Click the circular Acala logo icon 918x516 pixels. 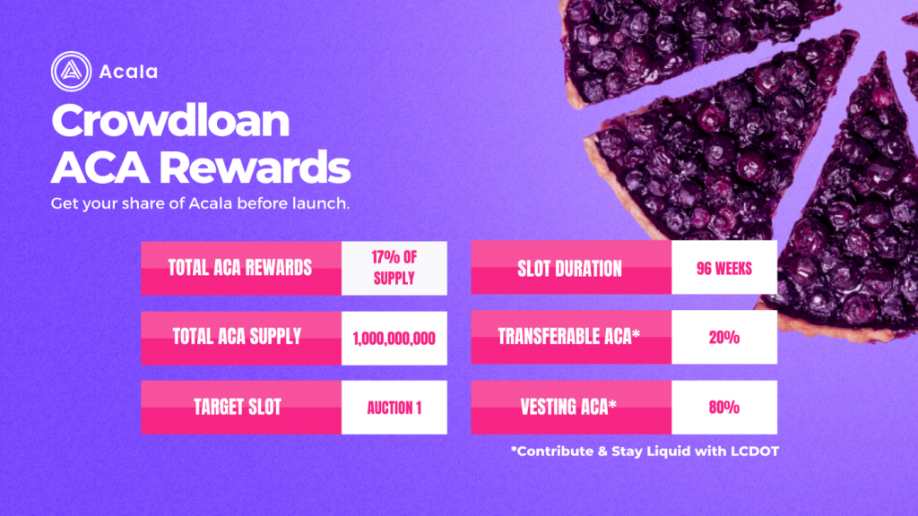[71, 72]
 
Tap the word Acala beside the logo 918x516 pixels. [128, 72]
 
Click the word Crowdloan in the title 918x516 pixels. [170, 121]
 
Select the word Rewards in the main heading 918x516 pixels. [255, 168]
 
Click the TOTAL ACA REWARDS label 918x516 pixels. [240, 268]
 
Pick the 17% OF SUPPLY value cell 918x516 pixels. [394, 268]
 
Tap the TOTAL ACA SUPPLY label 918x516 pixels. [237, 337]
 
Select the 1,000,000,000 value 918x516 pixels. [394, 339]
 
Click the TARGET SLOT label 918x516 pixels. [238, 408]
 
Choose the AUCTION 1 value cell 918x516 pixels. [394, 408]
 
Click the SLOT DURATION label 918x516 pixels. [569, 269]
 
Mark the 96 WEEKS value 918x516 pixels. [724, 269]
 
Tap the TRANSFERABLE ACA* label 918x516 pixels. [569, 337]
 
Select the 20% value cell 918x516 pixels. [724, 338]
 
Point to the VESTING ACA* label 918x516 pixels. [568, 407]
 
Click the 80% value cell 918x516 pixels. [724, 408]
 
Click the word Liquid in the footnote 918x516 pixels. [666, 451]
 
